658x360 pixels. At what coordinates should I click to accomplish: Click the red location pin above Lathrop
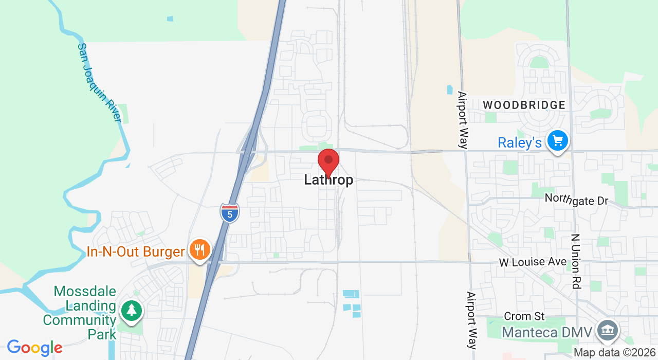[328, 161]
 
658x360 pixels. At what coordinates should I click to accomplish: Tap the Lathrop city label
[328, 180]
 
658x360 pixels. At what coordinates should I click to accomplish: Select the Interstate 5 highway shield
[230, 212]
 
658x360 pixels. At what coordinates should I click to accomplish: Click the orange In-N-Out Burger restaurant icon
[200, 250]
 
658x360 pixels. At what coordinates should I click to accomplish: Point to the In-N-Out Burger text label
[135, 252]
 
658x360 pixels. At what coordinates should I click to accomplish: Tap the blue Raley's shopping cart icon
[557, 140]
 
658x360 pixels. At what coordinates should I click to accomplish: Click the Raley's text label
[520, 142]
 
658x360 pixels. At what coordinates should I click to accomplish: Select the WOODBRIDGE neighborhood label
[524, 105]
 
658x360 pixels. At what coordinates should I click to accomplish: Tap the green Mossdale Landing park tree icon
[132, 310]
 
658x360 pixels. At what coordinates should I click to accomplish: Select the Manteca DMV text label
[547, 332]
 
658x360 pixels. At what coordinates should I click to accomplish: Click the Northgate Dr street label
[576, 199]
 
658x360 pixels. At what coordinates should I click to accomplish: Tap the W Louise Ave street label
[533, 262]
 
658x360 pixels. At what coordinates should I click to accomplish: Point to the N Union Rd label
[576, 261]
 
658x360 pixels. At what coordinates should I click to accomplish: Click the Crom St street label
[524, 316]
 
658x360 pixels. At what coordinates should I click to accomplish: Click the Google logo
[34, 348]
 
